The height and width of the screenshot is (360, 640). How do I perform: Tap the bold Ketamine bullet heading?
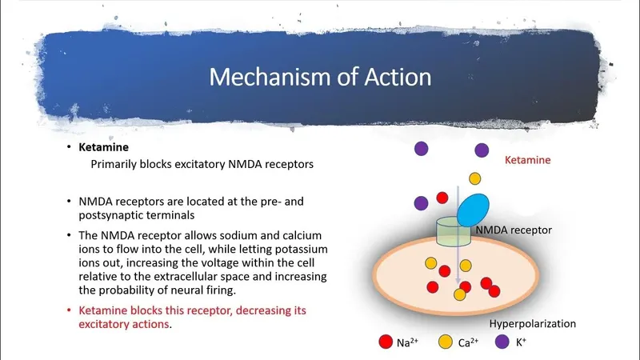102,148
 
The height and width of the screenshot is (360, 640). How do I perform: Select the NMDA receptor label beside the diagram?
514,230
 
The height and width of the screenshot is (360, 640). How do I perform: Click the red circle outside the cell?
441,198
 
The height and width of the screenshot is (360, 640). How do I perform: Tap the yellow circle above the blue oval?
474,178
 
